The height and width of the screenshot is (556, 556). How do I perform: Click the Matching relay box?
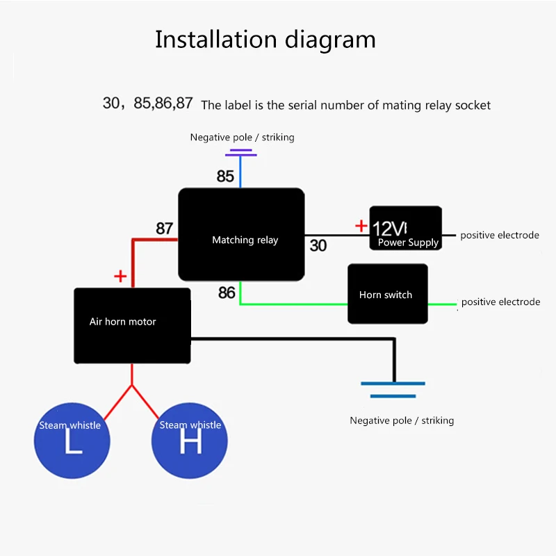[241, 234]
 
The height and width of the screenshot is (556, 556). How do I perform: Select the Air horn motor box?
[132, 325]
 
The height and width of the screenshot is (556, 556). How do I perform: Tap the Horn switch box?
[388, 293]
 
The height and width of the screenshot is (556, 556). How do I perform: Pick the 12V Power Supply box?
[406, 228]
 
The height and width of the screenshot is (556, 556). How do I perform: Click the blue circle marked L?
[72, 441]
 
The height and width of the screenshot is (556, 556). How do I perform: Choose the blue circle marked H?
[189, 441]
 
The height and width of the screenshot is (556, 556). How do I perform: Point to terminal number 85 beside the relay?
[225, 177]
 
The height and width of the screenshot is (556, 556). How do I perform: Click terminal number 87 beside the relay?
[165, 229]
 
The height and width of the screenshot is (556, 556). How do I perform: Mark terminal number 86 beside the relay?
[227, 293]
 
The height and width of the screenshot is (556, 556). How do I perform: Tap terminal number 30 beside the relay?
[318, 245]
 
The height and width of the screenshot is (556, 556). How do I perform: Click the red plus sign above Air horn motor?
[120, 276]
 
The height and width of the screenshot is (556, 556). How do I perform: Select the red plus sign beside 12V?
[361, 225]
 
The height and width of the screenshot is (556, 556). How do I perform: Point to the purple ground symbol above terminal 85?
[240, 152]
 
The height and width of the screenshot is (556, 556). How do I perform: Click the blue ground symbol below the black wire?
[393, 390]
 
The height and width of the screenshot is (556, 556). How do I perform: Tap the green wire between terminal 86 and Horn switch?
[293, 304]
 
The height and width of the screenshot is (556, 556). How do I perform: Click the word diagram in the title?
[330, 40]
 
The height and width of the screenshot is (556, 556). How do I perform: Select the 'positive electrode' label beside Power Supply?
[500, 235]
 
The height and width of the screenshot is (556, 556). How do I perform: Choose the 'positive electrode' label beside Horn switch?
[500, 302]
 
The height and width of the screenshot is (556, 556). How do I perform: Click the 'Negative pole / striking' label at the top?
[242, 137]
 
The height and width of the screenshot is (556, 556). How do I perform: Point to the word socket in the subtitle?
[473, 106]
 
